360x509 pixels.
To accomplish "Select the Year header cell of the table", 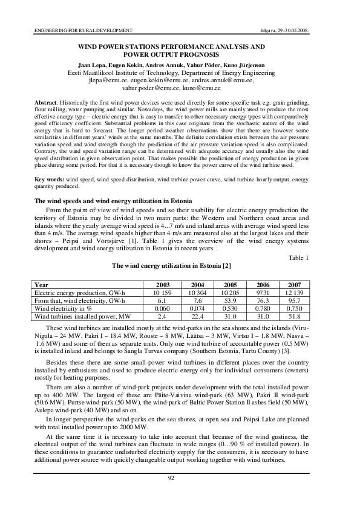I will tap(42, 285).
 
